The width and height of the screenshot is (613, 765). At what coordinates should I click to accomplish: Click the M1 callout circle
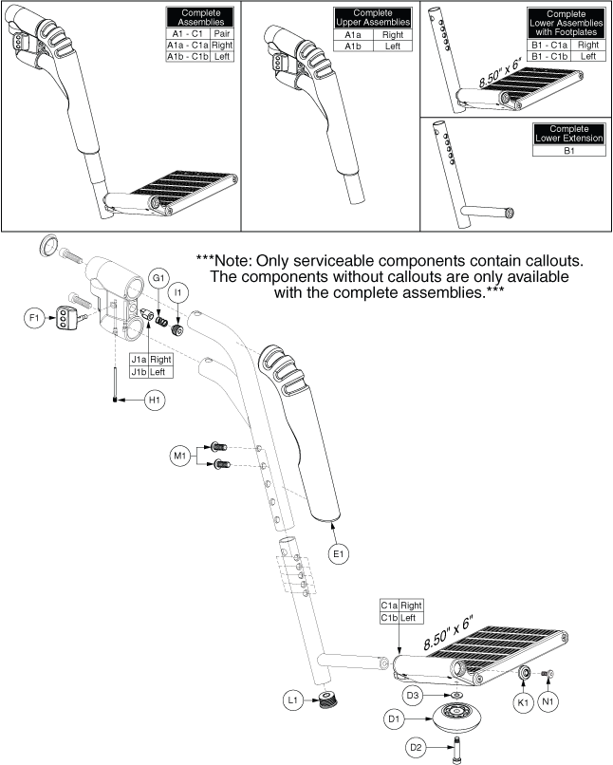(178, 457)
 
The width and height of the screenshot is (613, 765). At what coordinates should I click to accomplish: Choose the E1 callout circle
(340, 550)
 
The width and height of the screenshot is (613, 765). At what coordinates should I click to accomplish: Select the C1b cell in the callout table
(390, 617)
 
